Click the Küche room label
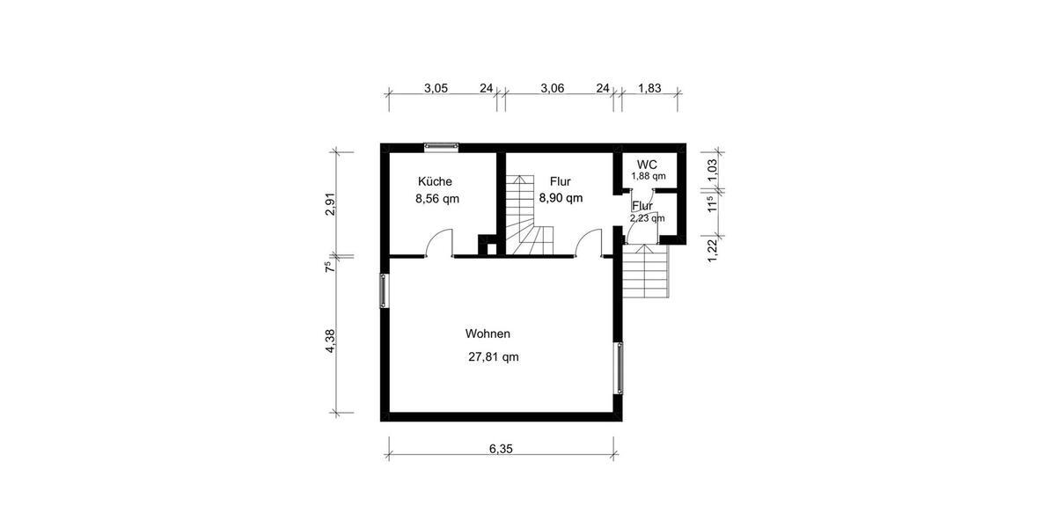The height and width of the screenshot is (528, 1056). tap(436, 181)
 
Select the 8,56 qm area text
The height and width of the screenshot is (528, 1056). tap(437, 199)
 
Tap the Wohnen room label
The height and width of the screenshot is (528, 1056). tap(488, 334)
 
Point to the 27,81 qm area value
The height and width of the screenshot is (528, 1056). tap(494, 357)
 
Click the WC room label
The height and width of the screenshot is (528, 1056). tap(647, 165)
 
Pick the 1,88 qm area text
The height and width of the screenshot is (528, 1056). tap(648, 176)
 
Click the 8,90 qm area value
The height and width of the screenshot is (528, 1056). tap(561, 199)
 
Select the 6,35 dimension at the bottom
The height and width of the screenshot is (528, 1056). tap(501, 448)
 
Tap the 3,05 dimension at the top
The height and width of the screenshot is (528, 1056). tap(436, 88)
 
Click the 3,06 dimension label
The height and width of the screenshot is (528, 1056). tap(552, 88)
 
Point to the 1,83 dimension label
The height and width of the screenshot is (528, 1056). tap(649, 88)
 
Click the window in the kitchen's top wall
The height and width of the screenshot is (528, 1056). tap(441, 148)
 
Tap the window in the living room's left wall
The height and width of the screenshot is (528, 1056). tap(385, 290)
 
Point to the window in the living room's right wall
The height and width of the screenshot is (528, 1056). tap(620, 368)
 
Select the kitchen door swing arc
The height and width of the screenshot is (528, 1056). tap(439, 241)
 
